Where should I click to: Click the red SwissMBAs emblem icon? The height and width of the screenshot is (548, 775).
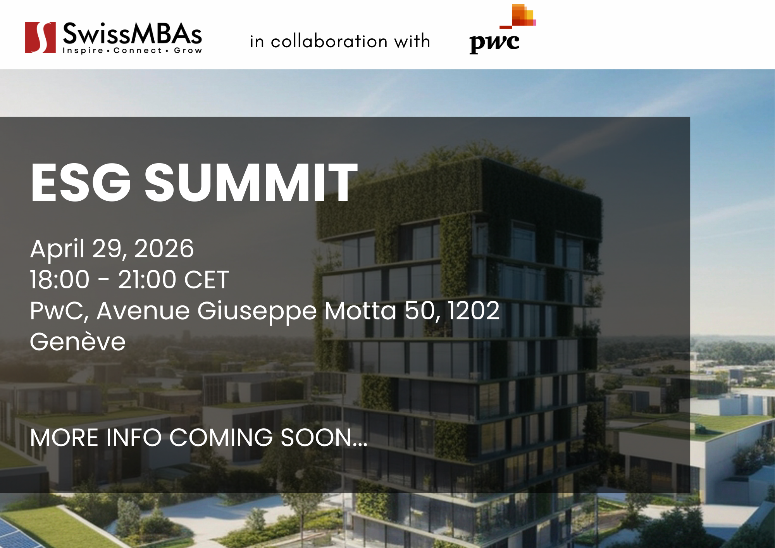[40, 37]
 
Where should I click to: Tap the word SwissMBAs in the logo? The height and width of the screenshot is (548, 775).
[132, 34]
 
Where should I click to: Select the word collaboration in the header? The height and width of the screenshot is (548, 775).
[329, 41]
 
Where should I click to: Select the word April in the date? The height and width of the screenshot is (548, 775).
[57, 249]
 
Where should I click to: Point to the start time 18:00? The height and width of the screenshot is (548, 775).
[60, 279]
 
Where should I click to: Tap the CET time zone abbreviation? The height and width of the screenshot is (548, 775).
[207, 279]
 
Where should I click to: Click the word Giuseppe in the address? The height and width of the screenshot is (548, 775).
[257, 311]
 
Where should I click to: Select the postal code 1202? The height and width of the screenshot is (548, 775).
[474, 310]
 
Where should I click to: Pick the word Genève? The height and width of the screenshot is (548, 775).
[77, 341]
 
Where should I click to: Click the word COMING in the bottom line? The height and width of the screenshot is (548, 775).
[221, 438]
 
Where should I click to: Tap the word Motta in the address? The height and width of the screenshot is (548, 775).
[360, 310]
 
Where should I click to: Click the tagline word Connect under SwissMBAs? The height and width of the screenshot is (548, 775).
[138, 50]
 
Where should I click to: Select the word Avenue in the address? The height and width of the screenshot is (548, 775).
[143, 310]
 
